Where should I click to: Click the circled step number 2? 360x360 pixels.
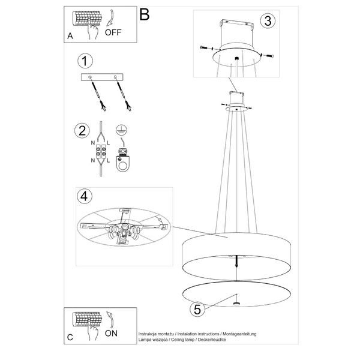(x=80, y=131)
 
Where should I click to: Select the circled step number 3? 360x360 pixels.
(x=268, y=20)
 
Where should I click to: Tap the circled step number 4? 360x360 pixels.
(x=86, y=196)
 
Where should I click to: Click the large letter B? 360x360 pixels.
(x=144, y=14)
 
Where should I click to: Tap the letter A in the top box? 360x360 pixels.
(x=70, y=36)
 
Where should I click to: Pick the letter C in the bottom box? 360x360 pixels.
(x=70, y=337)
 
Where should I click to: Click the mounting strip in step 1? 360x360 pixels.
(x=101, y=78)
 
